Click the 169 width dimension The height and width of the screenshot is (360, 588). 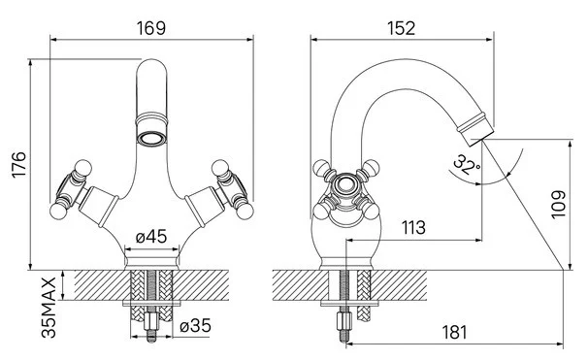click(x=150, y=28)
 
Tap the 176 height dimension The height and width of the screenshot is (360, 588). click(x=18, y=165)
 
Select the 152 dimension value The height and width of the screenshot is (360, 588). click(x=401, y=28)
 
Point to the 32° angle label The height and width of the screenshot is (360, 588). click(x=466, y=165)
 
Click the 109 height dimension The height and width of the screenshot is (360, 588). click(x=558, y=205)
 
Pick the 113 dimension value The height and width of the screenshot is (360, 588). click(x=413, y=227)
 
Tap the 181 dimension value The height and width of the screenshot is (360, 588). click(x=454, y=332)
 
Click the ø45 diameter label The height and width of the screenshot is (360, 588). click(x=151, y=236)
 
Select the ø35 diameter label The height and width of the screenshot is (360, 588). click(x=195, y=325)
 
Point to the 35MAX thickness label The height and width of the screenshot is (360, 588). click(x=49, y=308)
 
